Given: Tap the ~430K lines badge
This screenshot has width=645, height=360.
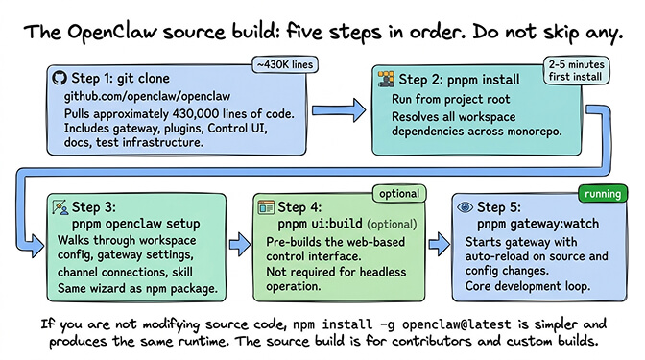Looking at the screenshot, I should click(286, 65).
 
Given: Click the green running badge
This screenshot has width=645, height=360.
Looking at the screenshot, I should click(601, 194).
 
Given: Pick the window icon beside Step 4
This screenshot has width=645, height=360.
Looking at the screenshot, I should click(266, 207).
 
